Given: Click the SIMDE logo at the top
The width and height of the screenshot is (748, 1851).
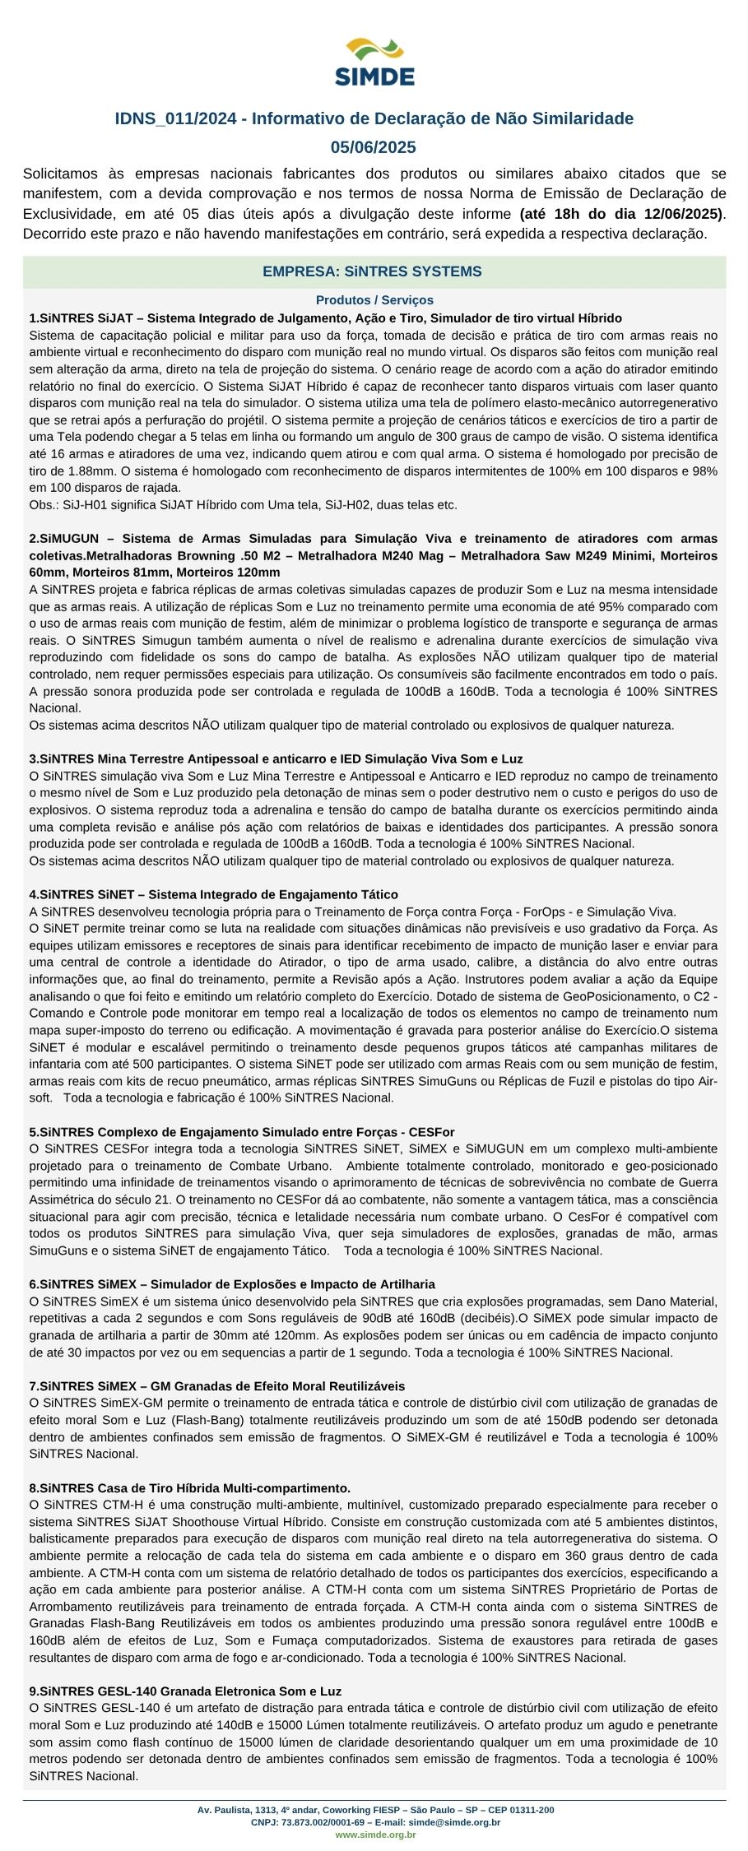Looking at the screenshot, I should tap(374, 62).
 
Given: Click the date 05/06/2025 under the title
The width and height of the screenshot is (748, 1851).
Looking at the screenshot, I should tap(374, 147).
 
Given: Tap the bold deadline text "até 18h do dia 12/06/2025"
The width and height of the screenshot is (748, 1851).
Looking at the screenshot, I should tap(621, 214).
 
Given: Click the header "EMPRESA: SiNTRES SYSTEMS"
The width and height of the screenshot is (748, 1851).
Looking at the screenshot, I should tap(372, 271).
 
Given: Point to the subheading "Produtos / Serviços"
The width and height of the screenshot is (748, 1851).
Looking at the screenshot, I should tap(374, 300).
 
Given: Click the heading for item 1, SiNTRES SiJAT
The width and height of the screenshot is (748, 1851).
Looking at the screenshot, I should tap(325, 318).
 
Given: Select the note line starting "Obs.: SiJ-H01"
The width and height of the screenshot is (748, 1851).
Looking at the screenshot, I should tap(243, 504).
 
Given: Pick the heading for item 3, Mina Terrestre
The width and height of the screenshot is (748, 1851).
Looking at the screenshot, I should tap(276, 758).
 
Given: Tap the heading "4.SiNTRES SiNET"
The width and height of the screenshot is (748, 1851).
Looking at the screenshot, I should tap(213, 894).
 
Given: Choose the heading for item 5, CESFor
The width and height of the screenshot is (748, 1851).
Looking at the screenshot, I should tap(242, 1132).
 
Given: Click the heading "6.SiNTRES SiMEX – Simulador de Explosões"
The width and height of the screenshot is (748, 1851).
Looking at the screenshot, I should tap(232, 1284).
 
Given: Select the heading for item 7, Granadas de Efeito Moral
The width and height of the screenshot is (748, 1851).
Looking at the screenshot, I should tap(216, 1386).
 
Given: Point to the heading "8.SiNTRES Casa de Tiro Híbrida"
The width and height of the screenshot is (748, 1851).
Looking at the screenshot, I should tap(189, 1488).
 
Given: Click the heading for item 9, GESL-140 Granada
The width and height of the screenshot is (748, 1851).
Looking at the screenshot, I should tap(185, 1691).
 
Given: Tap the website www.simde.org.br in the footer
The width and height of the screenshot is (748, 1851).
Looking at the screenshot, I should tap(374, 1835).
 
